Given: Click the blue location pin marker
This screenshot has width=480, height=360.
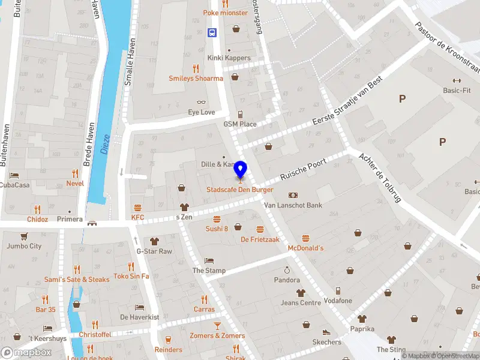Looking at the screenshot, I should point(241,170).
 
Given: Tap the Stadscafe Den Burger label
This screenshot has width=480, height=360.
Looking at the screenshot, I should point(240,190).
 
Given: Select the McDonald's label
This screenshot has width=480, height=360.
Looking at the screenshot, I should point(305,248).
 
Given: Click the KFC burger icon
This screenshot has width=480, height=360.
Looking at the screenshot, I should point(138,206).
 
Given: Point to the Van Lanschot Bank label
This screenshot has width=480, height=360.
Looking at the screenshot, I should point(294,205).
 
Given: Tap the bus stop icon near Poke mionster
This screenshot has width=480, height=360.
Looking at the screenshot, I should point(212,32).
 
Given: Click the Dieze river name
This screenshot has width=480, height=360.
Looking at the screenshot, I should point(105,144).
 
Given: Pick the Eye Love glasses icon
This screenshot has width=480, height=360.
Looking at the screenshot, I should point(202,102).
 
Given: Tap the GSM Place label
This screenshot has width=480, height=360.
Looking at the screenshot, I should point(240,124).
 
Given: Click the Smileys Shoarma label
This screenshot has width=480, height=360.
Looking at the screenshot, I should point(196,79).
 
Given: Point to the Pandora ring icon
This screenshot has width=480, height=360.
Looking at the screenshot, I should point(287,269).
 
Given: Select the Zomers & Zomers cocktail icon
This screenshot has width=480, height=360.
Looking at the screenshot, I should point(217,325).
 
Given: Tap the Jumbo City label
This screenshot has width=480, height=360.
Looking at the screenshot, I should point(24,246).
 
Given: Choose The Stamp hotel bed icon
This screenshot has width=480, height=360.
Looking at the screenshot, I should point(209,260).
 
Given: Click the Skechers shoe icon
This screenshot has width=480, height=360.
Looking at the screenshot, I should point(326,332).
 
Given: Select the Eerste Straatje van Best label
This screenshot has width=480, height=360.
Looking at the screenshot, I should point(347,103).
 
